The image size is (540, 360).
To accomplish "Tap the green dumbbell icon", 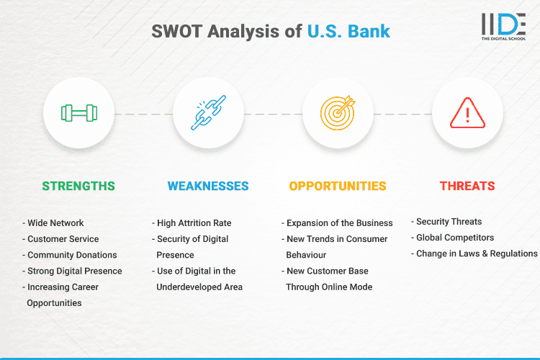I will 78,113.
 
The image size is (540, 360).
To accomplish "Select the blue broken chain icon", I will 208,113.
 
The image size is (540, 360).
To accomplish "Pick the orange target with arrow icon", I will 338,113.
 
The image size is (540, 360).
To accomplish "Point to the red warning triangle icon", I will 467,113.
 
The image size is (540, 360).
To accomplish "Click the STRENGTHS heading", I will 78,186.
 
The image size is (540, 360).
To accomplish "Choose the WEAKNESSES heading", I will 208,186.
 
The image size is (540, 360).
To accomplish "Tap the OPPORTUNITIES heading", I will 338,186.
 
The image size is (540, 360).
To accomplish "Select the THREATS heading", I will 467,186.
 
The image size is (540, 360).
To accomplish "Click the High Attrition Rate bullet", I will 192,223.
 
